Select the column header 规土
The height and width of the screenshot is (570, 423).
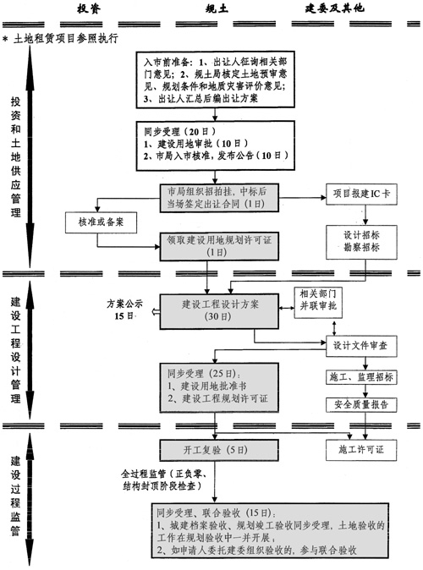(x=216, y=9)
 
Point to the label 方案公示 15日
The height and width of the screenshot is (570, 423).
(x=122, y=309)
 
